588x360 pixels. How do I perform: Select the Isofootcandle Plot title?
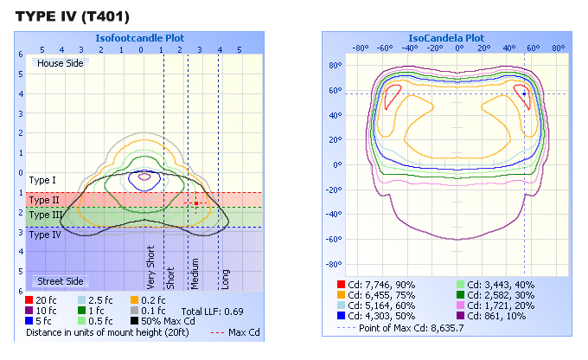(x=141, y=38)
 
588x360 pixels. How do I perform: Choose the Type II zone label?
(x=44, y=200)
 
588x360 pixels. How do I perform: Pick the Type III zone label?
(x=46, y=215)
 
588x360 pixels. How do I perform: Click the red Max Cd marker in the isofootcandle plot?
(x=196, y=203)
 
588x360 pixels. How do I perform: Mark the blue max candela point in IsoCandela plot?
(x=524, y=93)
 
